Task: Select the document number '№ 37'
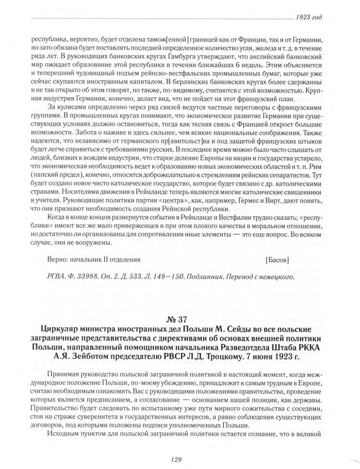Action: (180, 320)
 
